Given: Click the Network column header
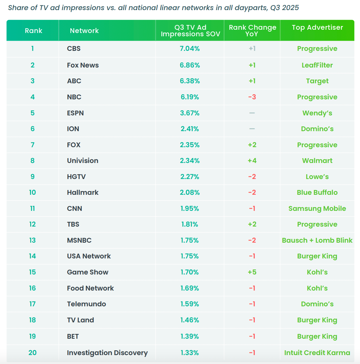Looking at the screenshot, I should [84, 31].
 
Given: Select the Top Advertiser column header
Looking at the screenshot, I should [317, 28].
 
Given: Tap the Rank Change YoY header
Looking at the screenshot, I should [252, 31].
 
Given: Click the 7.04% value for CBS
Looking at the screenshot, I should [190, 48].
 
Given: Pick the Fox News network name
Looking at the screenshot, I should [83, 65].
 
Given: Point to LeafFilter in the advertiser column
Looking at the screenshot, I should [317, 65].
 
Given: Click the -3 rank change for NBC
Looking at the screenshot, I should [252, 97].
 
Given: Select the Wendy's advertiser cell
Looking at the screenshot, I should [317, 113].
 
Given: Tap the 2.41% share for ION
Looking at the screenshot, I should [190, 129].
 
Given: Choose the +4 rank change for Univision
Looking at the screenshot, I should [252, 161].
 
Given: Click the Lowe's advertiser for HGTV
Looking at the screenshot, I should [317, 177].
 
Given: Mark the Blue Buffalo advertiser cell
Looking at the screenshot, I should [317, 192].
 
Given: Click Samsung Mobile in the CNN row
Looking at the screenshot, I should [317, 208].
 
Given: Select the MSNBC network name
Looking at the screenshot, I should [79, 240].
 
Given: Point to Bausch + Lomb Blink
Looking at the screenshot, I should [317, 240].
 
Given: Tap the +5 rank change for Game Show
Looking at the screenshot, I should [252, 272].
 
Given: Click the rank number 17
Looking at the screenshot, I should [32, 304].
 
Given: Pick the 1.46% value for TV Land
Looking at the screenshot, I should [190, 320].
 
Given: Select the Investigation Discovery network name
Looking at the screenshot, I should [107, 353].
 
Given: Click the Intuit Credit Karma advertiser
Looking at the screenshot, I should [317, 353].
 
